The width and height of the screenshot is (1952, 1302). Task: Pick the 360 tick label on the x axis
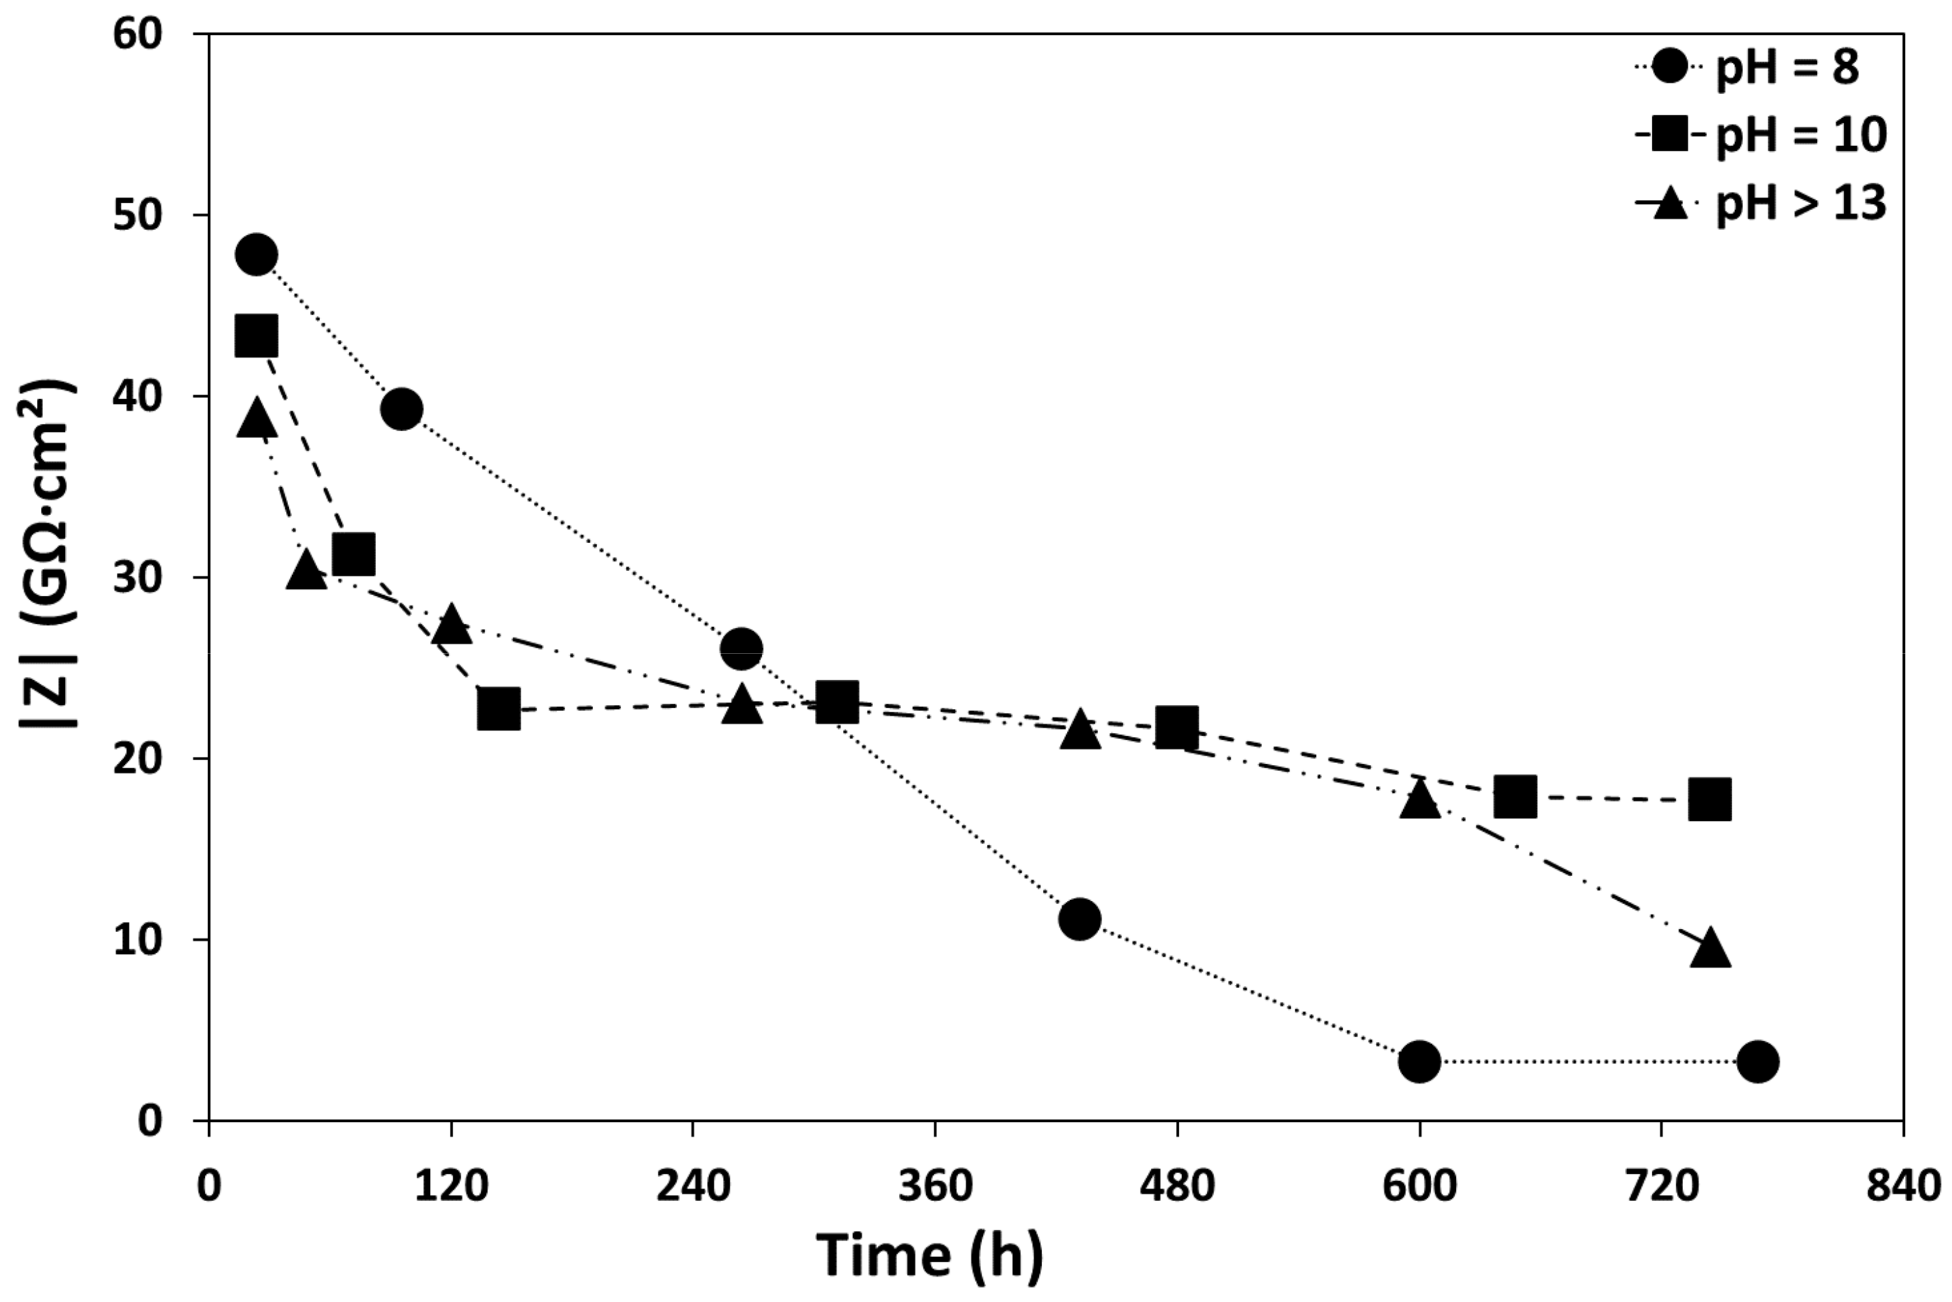coord(935,1186)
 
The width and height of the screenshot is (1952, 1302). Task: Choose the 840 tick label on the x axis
coord(1903,1186)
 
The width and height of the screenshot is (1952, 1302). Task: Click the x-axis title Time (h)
coord(930,1256)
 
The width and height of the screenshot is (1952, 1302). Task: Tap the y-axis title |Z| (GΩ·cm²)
coord(48,555)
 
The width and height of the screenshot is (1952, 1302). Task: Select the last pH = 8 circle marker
coord(1757,1061)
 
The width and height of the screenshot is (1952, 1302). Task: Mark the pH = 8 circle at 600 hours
coord(1419,1061)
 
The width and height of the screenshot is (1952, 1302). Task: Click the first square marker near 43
coord(257,336)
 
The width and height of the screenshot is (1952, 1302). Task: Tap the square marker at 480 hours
coord(1177,728)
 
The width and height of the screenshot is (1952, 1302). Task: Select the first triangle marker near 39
coord(257,418)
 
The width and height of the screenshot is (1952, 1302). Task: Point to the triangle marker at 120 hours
coord(452,625)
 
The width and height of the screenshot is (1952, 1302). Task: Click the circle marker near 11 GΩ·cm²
coord(1079,918)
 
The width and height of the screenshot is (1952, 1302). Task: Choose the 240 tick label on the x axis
coord(693,1186)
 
